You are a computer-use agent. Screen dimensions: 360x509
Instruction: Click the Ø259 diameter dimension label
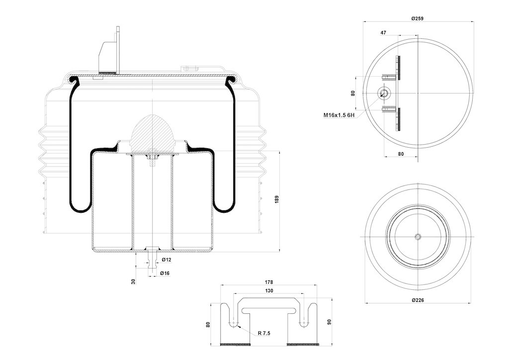pos(417,18)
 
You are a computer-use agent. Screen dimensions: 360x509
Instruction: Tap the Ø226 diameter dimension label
pos(417,300)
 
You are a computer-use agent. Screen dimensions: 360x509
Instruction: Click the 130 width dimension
pos(269,290)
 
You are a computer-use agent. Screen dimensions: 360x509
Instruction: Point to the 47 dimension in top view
pos(383,32)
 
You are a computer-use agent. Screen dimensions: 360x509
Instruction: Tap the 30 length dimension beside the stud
pos(133,281)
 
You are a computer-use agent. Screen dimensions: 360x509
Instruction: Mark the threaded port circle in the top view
pos(384,93)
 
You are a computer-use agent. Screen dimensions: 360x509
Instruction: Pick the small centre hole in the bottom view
pos(418,237)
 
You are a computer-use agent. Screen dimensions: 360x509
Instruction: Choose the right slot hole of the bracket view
pos(304,323)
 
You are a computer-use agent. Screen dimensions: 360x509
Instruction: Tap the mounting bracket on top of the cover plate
pos(110,52)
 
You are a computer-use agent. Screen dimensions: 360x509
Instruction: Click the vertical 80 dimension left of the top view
pos(353,93)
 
